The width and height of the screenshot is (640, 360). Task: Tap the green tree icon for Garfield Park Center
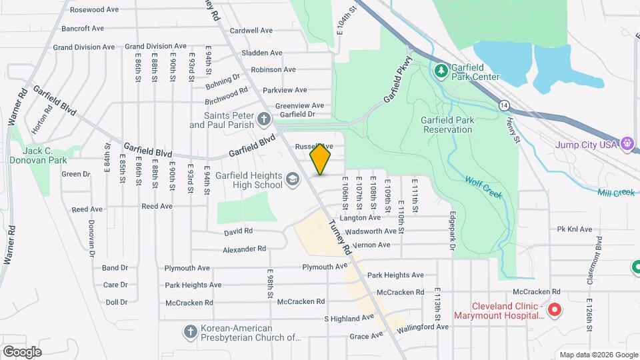point(440,70)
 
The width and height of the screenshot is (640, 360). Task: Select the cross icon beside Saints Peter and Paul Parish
point(264,120)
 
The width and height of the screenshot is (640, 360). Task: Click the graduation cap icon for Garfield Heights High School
point(292,179)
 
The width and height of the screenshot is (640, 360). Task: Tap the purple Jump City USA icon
point(626,143)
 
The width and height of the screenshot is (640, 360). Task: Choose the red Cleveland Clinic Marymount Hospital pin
point(553,310)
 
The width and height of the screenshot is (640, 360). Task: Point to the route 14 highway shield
point(505,105)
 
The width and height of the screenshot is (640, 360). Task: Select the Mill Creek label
point(615,193)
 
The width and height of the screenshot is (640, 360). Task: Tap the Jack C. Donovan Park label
point(44,156)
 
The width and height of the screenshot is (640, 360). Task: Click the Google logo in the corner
point(22,351)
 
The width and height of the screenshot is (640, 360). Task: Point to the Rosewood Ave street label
point(94,10)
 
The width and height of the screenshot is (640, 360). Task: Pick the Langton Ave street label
point(359,217)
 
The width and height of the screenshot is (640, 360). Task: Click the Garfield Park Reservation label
point(447,125)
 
